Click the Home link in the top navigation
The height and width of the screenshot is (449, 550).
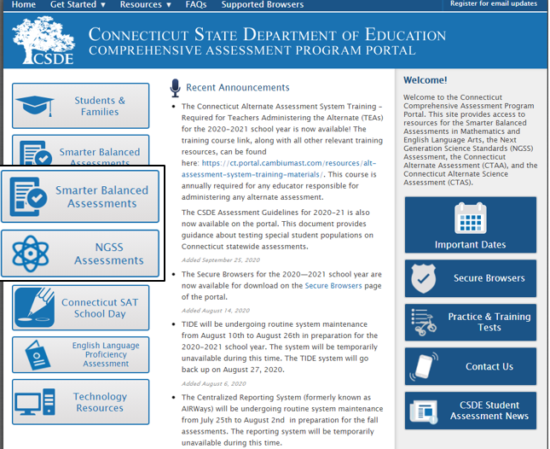pos(24,4)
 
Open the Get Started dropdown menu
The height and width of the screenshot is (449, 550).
pos(78,4)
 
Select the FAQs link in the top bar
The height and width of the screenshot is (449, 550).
pos(196,4)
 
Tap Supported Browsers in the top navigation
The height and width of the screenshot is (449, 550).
pos(262,4)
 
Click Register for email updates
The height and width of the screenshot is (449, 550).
pos(493,4)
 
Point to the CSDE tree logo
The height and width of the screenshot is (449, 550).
pos(43,40)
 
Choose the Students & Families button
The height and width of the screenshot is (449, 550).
pos(81,106)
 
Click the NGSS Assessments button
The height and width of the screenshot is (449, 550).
pos(80,254)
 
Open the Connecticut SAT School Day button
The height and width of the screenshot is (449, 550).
pos(81,308)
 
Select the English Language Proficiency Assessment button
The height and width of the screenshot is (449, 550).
pos(81,355)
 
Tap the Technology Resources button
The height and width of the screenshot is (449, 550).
pos(81,402)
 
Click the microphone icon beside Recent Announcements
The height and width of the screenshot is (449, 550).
pos(175,87)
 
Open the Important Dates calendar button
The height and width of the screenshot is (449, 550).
pos(471,225)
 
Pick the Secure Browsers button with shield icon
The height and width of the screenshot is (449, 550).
pos(471,278)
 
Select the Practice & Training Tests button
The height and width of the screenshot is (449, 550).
pos(471,322)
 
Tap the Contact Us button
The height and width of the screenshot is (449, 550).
pos(471,366)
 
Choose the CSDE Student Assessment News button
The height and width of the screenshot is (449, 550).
pos(471,411)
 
